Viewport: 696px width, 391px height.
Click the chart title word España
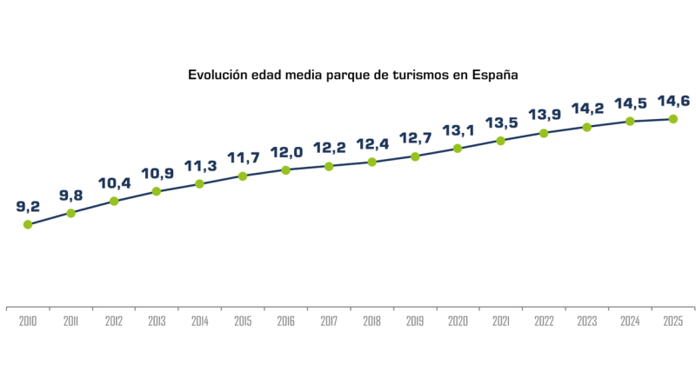pos(495,75)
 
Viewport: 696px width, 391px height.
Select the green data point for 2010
pos(28,224)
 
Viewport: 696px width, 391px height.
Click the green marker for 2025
pos(673,118)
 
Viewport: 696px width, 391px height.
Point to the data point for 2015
pos(243,176)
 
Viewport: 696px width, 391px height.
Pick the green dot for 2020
pos(458,149)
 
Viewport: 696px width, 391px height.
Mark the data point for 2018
pos(371,162)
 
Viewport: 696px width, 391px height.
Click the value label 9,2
pos(28,207)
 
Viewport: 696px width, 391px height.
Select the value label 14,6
pos(673,101)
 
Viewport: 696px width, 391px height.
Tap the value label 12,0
pos(285,152)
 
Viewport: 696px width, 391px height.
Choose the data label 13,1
pos(458,130)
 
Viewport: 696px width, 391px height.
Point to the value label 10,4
pos(114,183)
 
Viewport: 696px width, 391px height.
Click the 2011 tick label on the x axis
pos(70,321)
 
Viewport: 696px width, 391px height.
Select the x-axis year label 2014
pos(199,321)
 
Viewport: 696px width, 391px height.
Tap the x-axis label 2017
pos(329,321)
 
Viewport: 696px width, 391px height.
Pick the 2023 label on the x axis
pos(586,321)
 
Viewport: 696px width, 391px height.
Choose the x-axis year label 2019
pos(415,321)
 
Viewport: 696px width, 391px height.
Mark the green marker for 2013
pos(157,191)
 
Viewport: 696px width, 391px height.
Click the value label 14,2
pos(586,109)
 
